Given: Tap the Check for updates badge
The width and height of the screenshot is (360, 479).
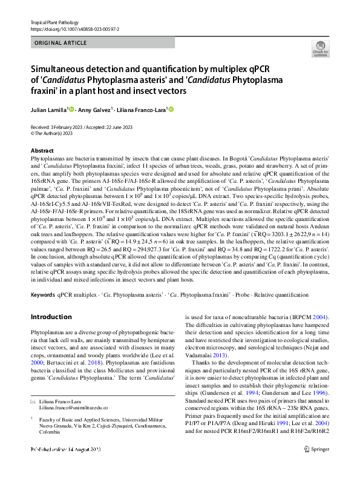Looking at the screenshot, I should click(320, 50).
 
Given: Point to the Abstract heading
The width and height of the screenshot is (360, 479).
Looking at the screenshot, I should click(42, 151).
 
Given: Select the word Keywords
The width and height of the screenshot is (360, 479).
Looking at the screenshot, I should click(42, 294).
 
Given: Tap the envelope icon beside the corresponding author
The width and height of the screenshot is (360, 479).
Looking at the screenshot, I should click(33, 402).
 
